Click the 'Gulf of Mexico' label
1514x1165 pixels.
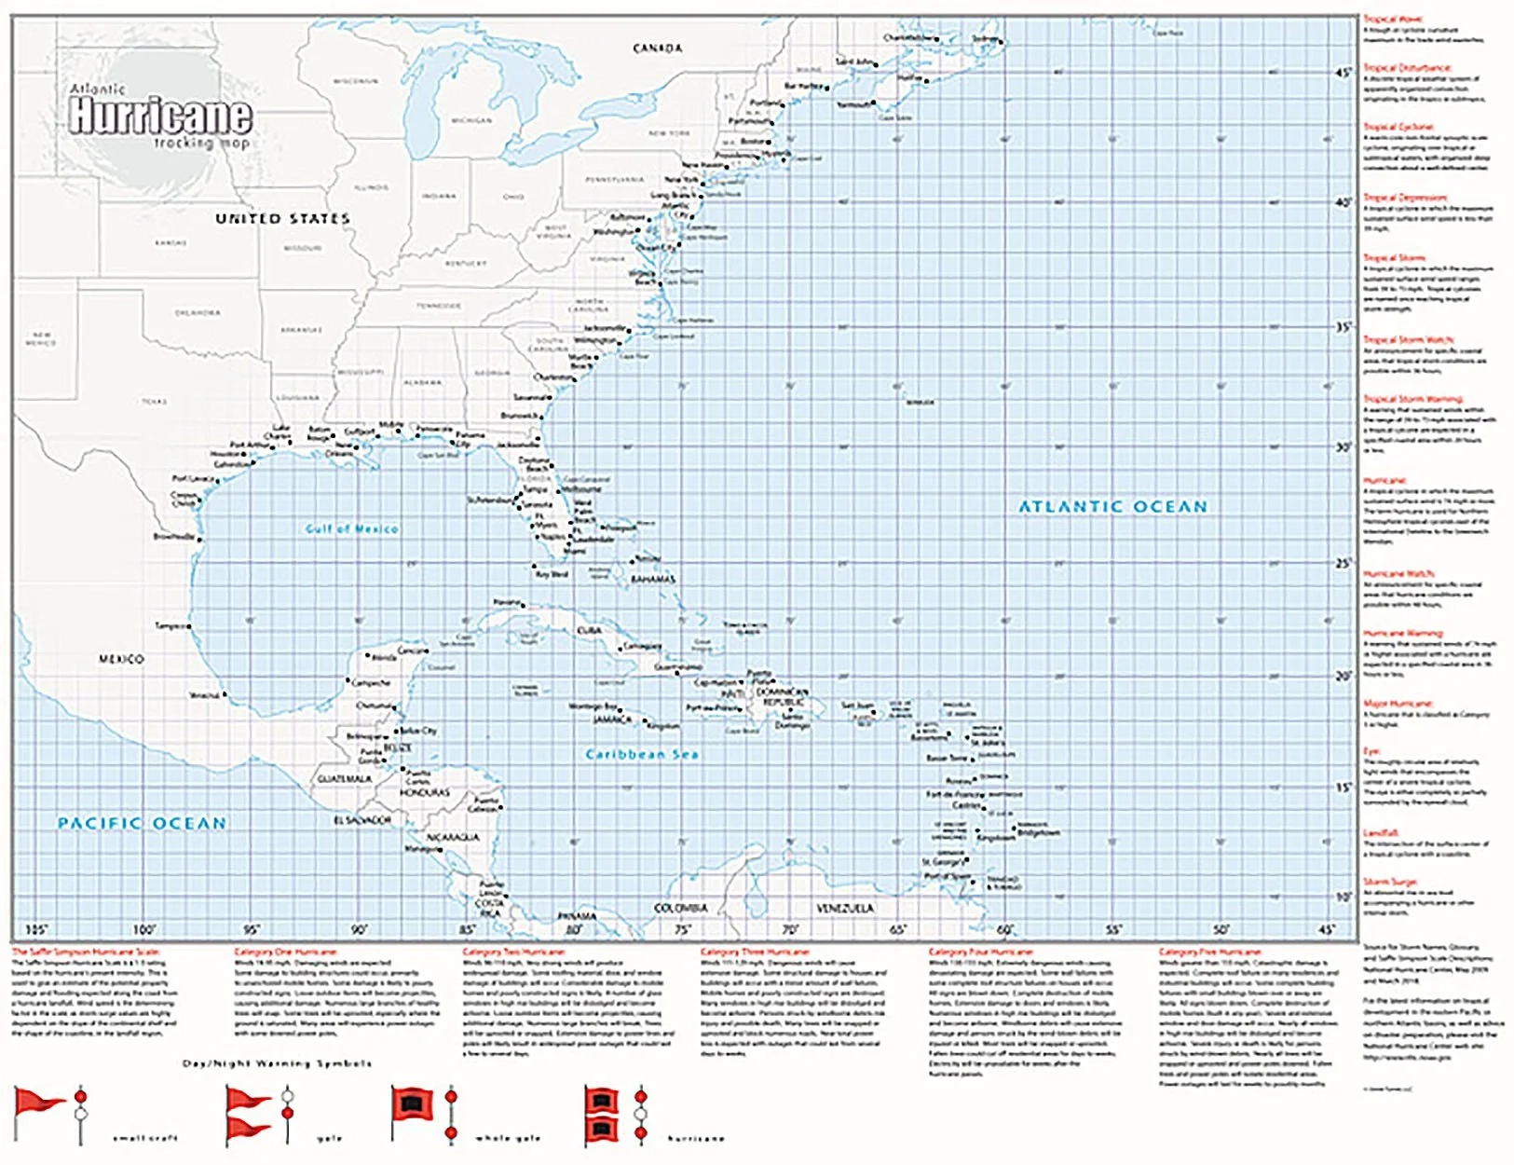[351, 528]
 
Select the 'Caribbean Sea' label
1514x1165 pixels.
[641, 754]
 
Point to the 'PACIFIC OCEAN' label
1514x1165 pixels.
[142, 823]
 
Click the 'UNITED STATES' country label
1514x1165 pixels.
[282, 218]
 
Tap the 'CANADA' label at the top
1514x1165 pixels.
[657, 48]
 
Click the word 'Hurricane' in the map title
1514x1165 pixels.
[160, 116]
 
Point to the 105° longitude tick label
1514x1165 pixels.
[35, 929]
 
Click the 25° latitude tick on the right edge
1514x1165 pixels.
[1343, 563]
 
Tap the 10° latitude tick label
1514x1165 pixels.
[1343, 897]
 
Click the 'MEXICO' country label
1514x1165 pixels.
[121, 659]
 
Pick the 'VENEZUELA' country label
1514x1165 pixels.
[845, 908]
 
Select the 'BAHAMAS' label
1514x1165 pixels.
[652, 580]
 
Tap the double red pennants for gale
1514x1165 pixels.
[247, 1114]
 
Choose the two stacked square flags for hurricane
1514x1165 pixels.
[601, 1115]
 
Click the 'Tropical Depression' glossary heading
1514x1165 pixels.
[1405, 198]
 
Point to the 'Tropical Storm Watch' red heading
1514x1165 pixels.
[1408, 340]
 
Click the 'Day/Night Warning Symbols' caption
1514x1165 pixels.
[277, 1063]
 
